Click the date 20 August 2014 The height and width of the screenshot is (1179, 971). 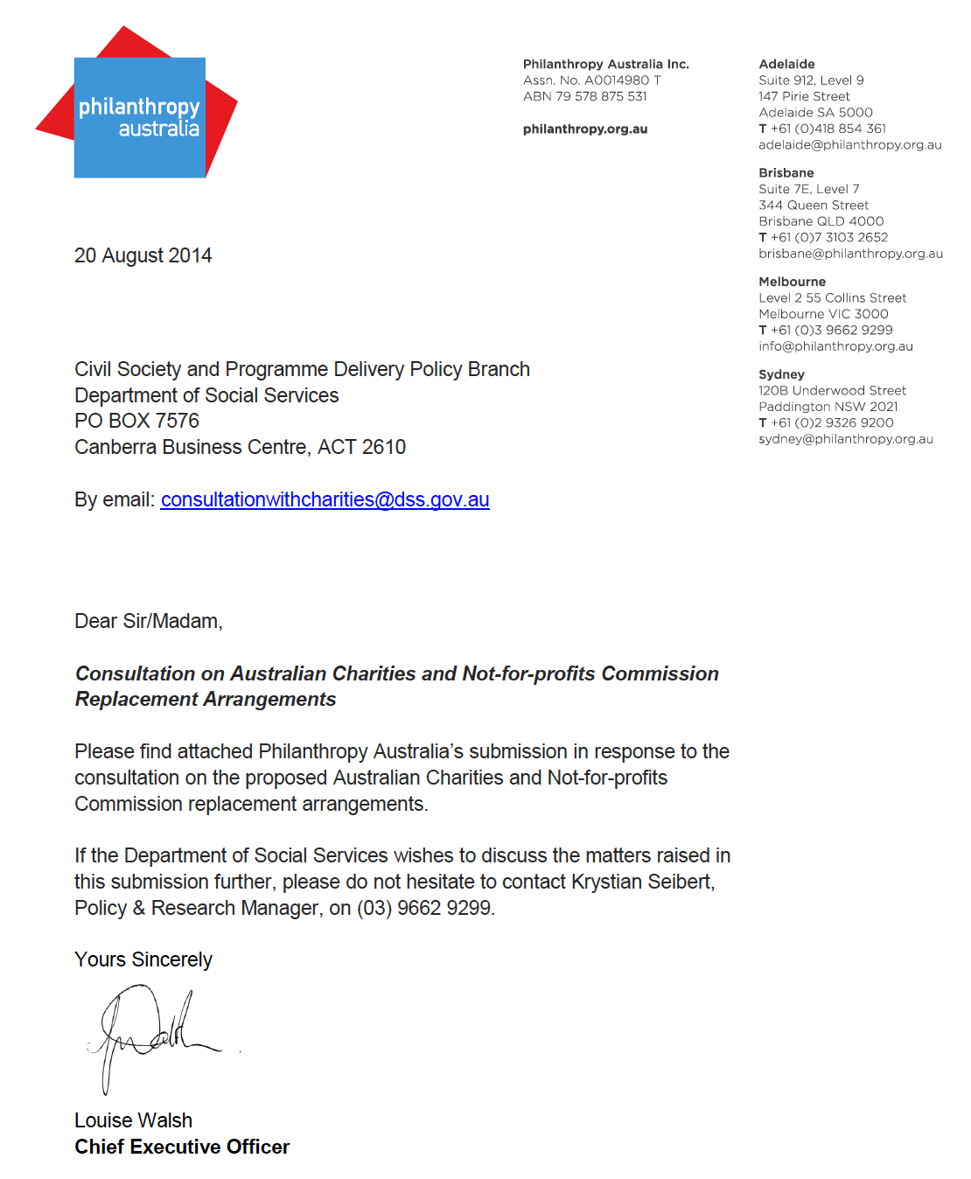[143, 255]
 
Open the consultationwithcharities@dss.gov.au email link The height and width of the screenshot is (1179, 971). [325, 499]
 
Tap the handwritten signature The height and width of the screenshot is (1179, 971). [153, 1032]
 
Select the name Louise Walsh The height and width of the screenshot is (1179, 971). [133, 1120]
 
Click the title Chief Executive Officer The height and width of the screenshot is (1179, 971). [182, 1147]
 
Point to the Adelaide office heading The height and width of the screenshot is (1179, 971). [786, 64]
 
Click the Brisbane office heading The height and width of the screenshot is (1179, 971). [786, 172]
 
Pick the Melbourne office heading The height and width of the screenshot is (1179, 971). [792, 282]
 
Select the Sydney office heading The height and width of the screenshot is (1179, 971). [781, 374]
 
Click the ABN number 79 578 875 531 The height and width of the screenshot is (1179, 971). [601, 96]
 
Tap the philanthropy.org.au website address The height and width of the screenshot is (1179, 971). [585, 129]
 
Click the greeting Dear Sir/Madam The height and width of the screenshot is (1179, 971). [148, 621]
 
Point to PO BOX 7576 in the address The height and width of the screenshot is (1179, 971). [136, 421]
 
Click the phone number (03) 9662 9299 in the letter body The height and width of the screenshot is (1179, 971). [424, 908]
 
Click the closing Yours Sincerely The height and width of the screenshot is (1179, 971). [143, 959]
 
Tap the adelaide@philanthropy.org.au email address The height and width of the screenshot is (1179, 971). [849, 144]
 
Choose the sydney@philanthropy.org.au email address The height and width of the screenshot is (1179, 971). [845, 439]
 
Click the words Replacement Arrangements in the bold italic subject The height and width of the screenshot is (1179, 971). [206, 699]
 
